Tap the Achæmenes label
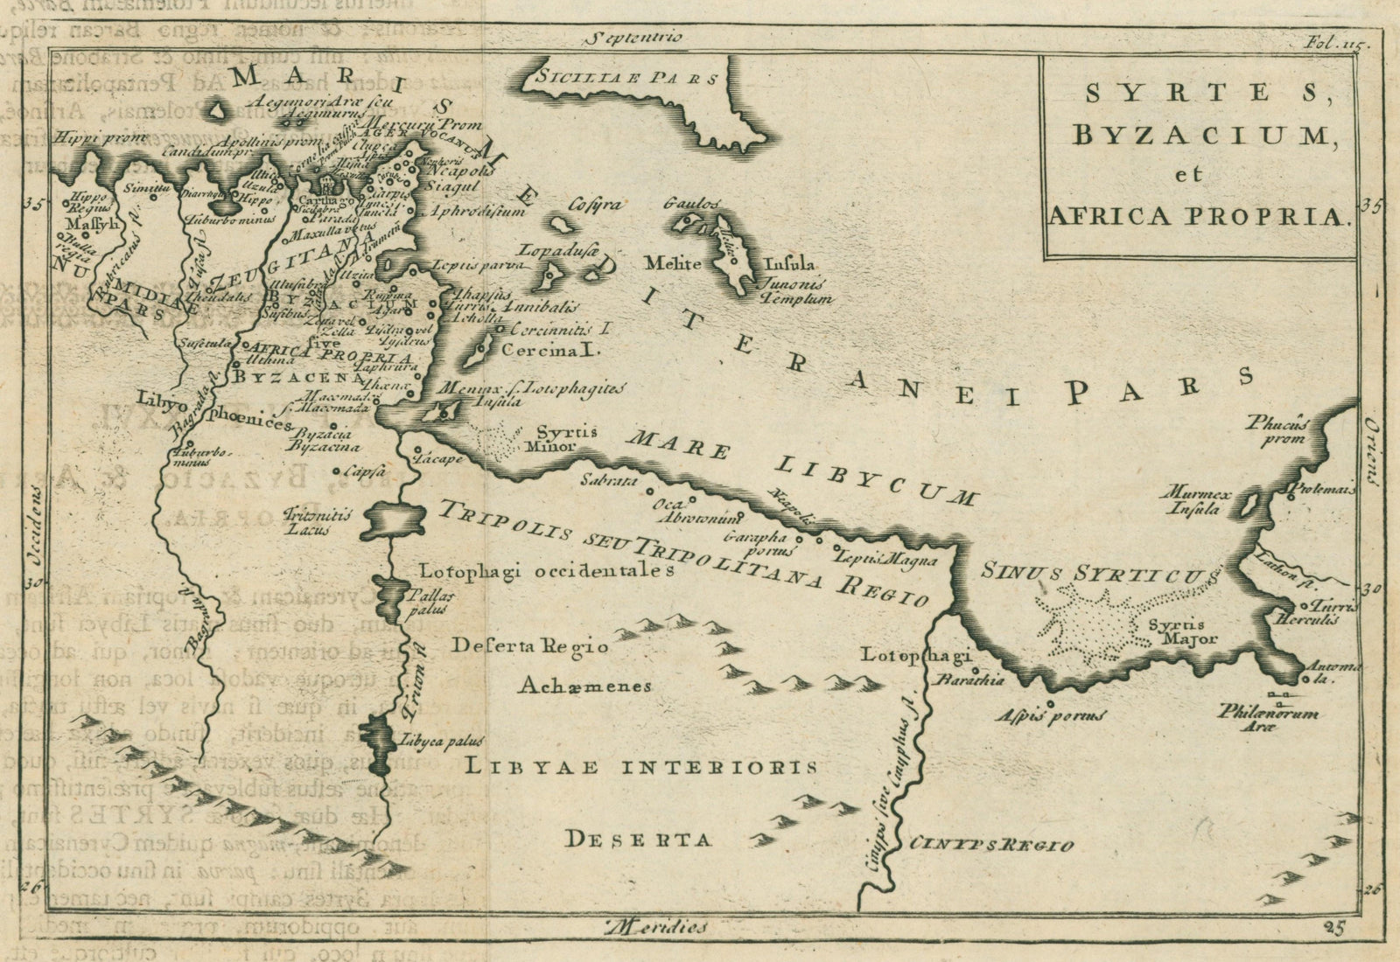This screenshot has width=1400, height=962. click(584, 686)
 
